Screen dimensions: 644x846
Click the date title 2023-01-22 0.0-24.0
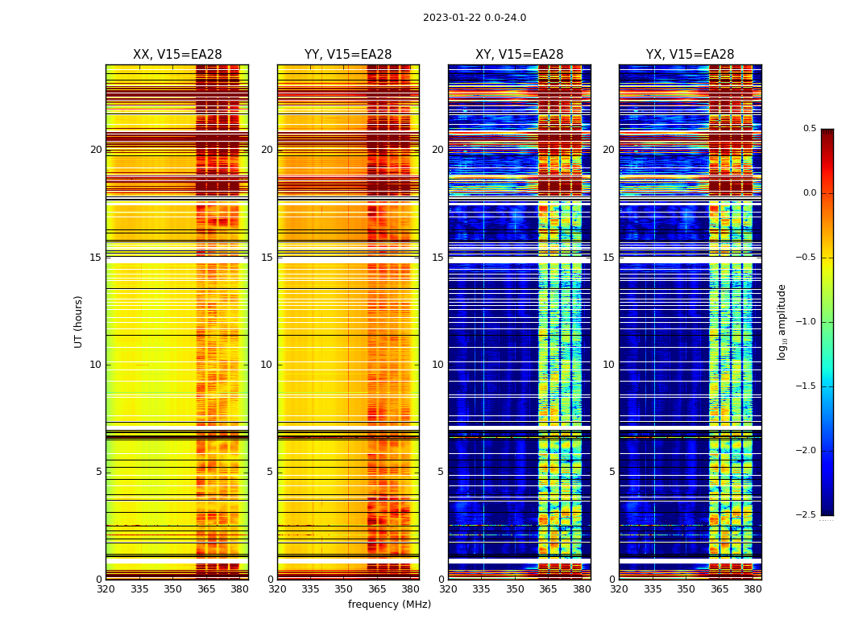coord(475,18)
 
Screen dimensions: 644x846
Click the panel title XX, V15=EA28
coord(177,55)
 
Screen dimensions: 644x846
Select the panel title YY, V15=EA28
coord(348,55)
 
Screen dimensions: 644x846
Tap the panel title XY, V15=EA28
coord(519,55)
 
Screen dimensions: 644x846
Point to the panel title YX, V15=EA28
coord(690,55)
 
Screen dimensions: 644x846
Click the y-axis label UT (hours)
coord(79,321)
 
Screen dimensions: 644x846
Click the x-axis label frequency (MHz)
coord(389,605)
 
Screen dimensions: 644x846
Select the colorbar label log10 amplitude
coord(782,322)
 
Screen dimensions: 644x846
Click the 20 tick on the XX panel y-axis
coord(96,150)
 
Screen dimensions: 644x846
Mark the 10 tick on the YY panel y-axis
coord(267,365)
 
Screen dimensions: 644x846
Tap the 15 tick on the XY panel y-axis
coord(438,258)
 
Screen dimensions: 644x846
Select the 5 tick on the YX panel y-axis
coord(612,472)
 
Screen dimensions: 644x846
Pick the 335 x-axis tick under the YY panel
coord(310,588)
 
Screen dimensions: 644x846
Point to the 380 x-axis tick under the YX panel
coord(753,588)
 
